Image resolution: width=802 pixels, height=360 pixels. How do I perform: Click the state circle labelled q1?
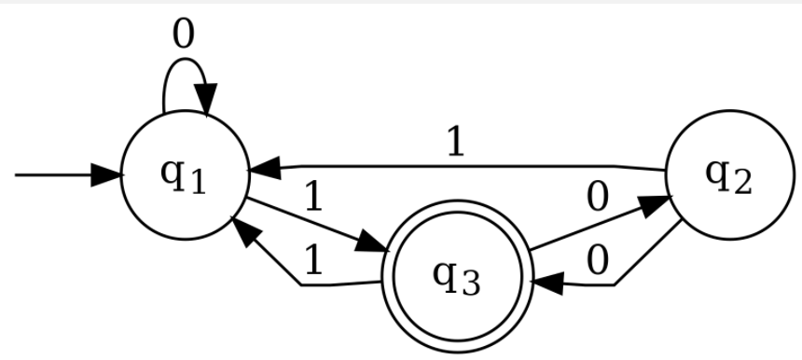[184, 175]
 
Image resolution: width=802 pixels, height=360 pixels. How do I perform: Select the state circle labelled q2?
[728, 175]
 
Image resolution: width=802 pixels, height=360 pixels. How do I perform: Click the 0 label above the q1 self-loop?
[184, 35]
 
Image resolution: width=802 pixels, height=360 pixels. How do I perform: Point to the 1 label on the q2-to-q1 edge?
[454, 143]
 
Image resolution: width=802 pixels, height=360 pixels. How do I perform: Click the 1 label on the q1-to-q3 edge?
[313, 197]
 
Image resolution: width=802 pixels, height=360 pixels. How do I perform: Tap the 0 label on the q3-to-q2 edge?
[598, 197]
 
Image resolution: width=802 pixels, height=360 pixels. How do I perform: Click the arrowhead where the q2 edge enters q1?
[264, 168]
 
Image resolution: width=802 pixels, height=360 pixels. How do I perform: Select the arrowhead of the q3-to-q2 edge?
[657, 202]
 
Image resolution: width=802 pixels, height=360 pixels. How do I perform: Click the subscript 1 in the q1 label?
[195, 182]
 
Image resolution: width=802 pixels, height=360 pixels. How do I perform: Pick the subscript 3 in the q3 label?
[469, 284]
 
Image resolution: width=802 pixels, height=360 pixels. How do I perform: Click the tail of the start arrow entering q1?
[17, 174]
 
